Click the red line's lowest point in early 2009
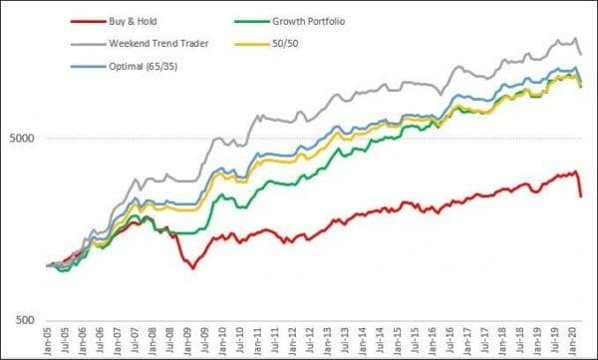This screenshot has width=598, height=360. pos(192,268)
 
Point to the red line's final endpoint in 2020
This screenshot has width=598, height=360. pos(581,196)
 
